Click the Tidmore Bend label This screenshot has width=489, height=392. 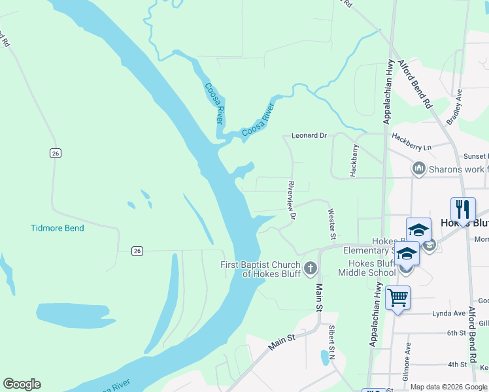pyautogui.click(x=57, y=228)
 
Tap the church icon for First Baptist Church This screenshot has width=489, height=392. pyautogui.click(x=311, y=268)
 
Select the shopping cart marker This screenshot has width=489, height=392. pyautogui.click(x=397, y=299)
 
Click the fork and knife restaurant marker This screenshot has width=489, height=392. pyautogui.click(x=463, y=209)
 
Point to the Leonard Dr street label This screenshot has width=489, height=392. pyautogui.click(x=309, y=135)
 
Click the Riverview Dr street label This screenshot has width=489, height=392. pyautogui.click(x=292, y=200)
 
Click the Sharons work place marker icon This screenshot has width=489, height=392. pyautogui.click(x=419, y=169)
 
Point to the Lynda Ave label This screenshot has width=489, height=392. pyautogui.click(x=448, y=314)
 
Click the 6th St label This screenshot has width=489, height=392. pyautogui.click(x=456, y=333)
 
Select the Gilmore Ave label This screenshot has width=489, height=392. pyautogui.click(x=408, y=357)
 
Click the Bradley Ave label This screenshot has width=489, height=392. pyautogui.click(x=454, y=107)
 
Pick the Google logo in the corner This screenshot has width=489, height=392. pyautogui.click(x=22, y=384)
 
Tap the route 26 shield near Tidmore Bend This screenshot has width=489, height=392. pyautogui.click(x=137, y=250)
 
